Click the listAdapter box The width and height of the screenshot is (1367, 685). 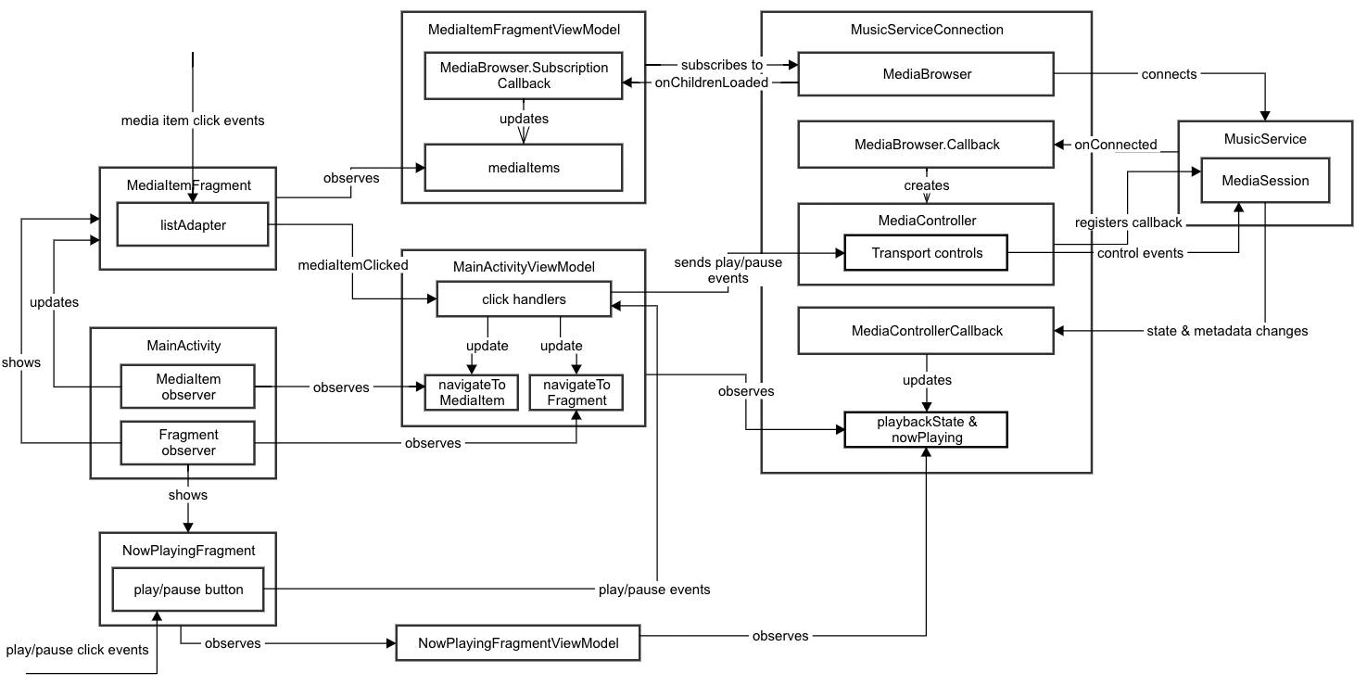191,225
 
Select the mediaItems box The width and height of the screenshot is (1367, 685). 523,168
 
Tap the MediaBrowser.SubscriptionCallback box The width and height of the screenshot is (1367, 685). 523,75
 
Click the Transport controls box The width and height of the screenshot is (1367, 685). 925,252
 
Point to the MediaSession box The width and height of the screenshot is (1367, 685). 1265,181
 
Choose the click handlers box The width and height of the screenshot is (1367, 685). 524,298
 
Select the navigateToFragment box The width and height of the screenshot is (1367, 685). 576,392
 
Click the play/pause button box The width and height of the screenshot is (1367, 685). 187,590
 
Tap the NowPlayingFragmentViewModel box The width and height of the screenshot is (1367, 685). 517,642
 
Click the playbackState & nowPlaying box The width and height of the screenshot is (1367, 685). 925,430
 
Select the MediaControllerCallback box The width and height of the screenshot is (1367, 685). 926,330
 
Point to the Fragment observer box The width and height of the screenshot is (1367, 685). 187,442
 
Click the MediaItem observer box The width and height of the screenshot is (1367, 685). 187,387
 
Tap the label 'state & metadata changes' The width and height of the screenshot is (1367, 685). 1228,331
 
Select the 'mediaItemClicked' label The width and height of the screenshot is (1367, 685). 353,265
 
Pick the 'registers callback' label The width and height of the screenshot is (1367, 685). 1128,222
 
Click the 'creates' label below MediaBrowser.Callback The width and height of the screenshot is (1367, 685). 927,185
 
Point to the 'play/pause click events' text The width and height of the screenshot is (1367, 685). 77,650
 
